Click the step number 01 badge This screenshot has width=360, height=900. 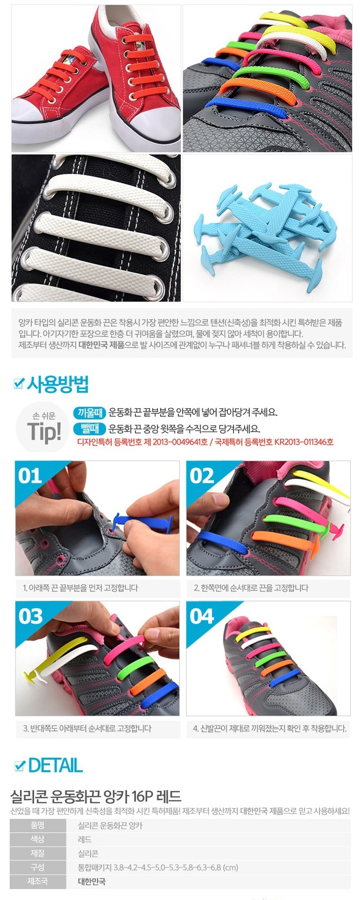point(30,476)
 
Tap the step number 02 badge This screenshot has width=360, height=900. point(202,476)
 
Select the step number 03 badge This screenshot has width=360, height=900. point(31,616)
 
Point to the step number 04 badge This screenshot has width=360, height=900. point(202,616)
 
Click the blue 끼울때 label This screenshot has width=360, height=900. point(90,412)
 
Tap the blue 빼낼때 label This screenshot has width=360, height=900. point(90,428)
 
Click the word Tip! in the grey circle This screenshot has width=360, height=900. point(44,432)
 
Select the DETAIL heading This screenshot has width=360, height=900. point(56,765)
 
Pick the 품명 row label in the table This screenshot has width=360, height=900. point(37,825)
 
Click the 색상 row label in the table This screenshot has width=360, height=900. point(37,839)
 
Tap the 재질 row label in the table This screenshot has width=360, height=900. point(37,853)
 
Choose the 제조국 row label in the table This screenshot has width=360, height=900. point(37,882)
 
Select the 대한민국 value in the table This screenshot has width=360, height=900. point(92,882)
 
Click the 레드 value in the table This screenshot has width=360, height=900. point(85,839)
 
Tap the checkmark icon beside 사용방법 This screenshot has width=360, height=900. point(19,384)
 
